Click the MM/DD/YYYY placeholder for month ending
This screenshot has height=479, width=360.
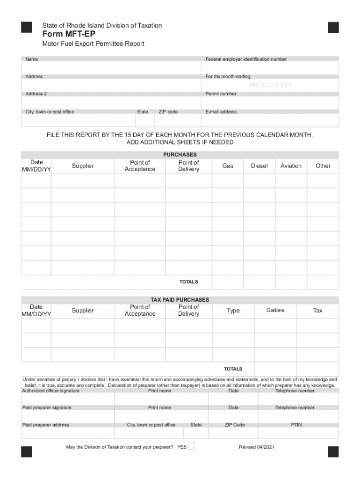(271, 85)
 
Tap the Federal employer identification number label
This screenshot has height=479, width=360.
(246, 59)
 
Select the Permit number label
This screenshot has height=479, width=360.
(221, 94)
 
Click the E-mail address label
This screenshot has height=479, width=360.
(221, 112)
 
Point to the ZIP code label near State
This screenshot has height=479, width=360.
(168, 112)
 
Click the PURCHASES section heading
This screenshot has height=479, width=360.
(180, 155)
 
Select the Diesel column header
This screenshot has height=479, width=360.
(259, 166)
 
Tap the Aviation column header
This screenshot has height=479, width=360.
(291, 166)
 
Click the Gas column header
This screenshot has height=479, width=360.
(228, 166)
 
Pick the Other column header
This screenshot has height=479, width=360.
(323, 166)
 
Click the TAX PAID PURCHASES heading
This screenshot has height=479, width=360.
(180, 300)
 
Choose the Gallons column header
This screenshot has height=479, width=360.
(275, 311)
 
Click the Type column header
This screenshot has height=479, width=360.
(233, 311)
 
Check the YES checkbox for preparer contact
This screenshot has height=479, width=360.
(192, 446)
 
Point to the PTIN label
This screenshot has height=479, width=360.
(296, 425)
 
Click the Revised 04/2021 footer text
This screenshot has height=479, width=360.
(256, 447)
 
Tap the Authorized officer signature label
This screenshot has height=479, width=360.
(51, 391)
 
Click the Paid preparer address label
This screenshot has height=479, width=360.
(46, 425)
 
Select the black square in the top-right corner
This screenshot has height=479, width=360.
(333, 28)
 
